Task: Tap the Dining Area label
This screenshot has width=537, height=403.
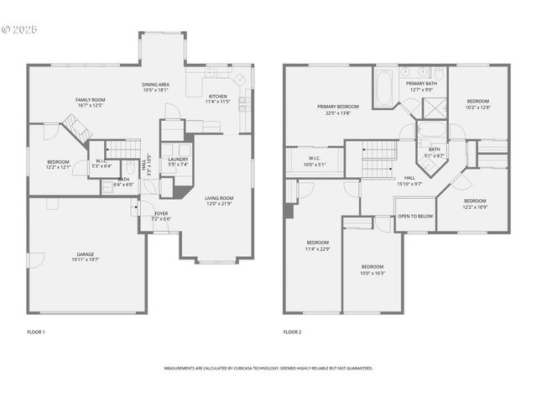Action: point(155,87)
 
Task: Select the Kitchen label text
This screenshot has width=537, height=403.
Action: point(217,98)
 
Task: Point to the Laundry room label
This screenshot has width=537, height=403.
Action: point(178,162)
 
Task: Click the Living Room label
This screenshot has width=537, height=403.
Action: point(220,201)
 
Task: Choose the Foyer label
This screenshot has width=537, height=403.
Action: point(160,216)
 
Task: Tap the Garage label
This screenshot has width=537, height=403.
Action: point(86,257)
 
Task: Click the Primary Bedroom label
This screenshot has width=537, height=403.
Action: point(338,109)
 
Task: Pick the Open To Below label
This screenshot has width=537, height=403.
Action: point(415,216)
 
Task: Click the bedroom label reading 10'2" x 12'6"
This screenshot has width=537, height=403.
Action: point(477,104)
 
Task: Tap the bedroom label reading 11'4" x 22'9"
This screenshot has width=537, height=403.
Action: point(318,245)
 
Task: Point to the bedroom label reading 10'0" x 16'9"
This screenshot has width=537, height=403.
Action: point(372,269)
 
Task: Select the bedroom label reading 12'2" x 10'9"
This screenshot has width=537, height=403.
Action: point(475,203)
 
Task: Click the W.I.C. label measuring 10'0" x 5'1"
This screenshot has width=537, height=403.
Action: point(314,161)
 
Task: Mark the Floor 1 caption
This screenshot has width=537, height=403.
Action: point(36,332)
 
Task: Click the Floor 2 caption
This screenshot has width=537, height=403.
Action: point(293,332)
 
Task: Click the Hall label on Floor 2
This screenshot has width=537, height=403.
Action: point(409,180)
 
